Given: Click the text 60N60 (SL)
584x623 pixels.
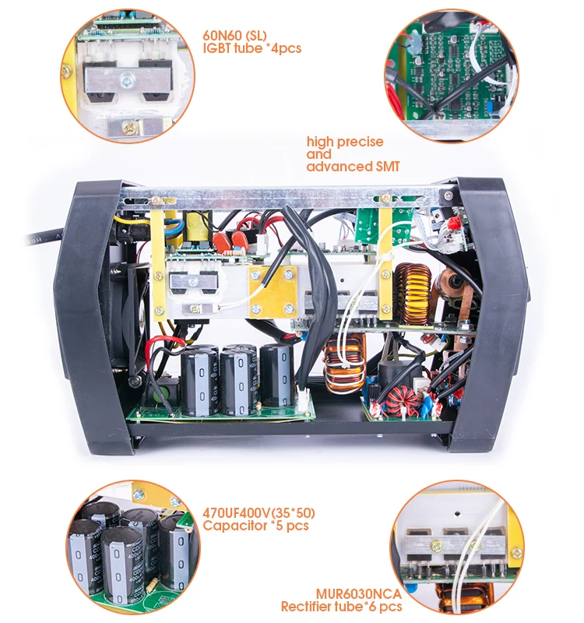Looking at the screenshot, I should pos(233,35).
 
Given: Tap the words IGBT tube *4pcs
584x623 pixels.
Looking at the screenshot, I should pos(252,48).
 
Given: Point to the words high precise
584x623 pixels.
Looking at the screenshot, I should pos(345,142).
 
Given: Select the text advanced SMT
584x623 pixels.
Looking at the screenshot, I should pos(350,167).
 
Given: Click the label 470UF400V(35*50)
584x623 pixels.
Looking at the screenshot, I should pos(259,513).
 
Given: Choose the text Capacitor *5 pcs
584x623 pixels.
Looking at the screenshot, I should pos(255,526).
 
